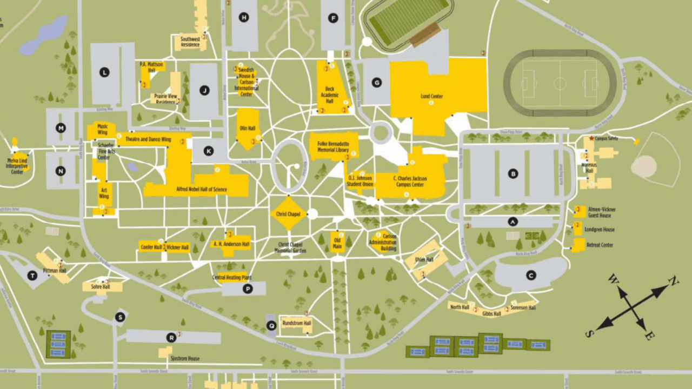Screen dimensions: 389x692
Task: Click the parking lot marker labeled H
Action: coord(244,18)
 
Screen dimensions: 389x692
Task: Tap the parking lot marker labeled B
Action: coord(513,174)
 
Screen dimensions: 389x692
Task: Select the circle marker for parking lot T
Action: coord(32,276)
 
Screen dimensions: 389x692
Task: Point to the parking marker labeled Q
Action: coord(271,325)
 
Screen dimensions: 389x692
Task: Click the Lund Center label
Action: coord(431,97)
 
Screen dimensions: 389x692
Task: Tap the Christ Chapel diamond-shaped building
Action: coord(288,214)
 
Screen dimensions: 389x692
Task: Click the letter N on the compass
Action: coord(673,281)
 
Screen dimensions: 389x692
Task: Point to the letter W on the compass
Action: coord(613,279)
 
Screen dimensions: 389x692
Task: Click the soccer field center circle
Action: coord(560,84)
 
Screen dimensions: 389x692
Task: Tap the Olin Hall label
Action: coord(247,129)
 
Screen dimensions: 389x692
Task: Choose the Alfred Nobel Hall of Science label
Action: coord(194,190)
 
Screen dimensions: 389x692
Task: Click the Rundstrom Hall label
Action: coord(297,324)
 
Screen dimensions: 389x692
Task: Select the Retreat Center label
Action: coord(600,245)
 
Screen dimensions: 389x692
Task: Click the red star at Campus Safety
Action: coord(591,138)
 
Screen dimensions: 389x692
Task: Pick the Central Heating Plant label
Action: coord(231,278)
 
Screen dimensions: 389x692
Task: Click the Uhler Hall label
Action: coord(424,260)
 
